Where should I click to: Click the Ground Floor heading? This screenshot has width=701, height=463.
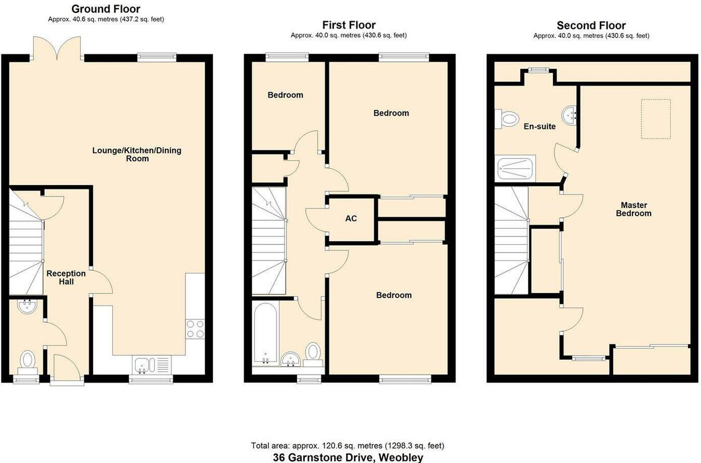(105, 9)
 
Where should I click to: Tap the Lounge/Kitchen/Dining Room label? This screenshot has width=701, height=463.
(137, 155)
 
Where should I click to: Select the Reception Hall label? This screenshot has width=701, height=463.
(66, 277)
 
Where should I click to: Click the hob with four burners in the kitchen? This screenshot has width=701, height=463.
(195, 328)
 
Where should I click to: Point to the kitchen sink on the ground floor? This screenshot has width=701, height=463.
(142, 365)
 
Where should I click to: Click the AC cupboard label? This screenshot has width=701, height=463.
(351, 218)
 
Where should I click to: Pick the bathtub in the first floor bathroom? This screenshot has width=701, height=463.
(266, 334)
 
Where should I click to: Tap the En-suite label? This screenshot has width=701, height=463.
(540, 127)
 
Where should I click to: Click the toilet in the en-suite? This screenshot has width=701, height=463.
(508, 119)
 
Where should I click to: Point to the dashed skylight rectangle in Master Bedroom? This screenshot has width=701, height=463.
(656, 119)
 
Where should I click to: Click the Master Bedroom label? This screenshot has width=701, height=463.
(633, 209)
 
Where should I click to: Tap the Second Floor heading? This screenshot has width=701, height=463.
(591, 25)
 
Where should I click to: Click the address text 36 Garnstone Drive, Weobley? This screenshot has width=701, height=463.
(348, 457)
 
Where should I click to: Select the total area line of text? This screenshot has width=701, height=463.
(347, 445)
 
